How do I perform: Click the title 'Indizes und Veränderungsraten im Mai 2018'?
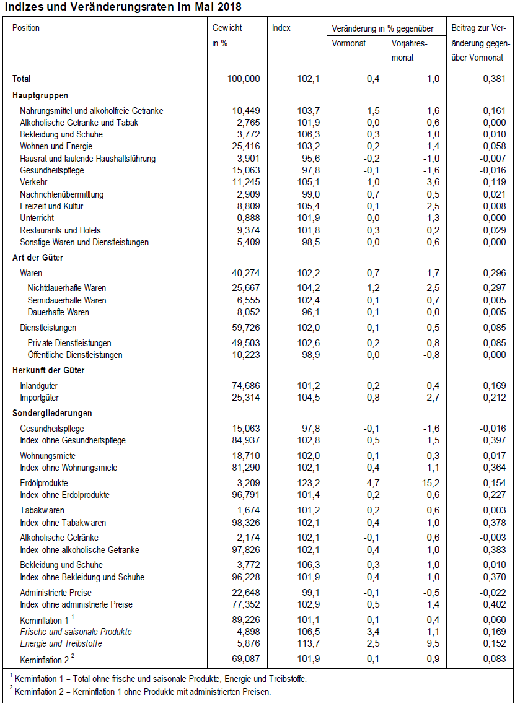pyautogui.click(x=123, y=7)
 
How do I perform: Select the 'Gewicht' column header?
pyautogui.click(x=227, y=28)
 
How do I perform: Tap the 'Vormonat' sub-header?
pyautogui.click(x=349, y=43)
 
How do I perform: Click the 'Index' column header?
pyautogui.click(x=281, y=28)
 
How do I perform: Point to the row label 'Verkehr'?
pyautogui.click(x=33, y=182)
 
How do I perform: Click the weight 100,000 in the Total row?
pyautogui.click(x=244, y=79)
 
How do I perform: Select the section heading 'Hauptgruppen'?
pyautogui.click(x=40, y=95)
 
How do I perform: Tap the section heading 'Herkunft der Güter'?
pyautogui.click(x=48, y=370)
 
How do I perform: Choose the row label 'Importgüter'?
pyautogui.click(x=39, y=398)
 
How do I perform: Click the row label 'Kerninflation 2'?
pyautogui.click(x=45, y=660)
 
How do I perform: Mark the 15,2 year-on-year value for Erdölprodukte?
pyautogui.click(x=430, y=483)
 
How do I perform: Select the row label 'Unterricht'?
pyautogui.click(x=37, y=218)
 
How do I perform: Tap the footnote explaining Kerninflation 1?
pyautogui.click(x=159, y=679)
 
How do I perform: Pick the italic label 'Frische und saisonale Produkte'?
pyautogui.click(x=76, y=632)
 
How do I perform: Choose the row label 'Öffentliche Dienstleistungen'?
pyautogui.click(x=75, y=355)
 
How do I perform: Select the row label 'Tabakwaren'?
pyautogui.click(x=39, y=510)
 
